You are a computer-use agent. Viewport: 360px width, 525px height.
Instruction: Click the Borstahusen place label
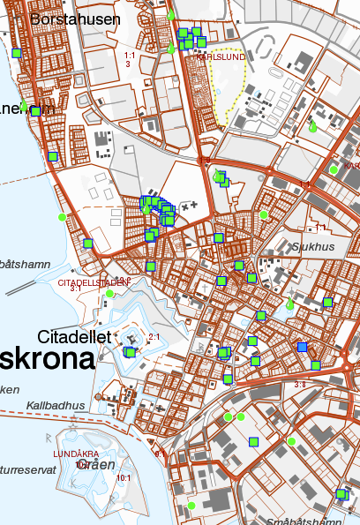[x=75, y=19]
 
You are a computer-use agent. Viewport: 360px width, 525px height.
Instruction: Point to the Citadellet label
[x=73, y=337]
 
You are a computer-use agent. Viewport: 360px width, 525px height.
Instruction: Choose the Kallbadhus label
[x=56, y=405]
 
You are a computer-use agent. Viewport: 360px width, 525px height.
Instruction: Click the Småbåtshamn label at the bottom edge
[x=302, y=521]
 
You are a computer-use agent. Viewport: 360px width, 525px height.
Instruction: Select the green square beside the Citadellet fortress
[x=131, y=352]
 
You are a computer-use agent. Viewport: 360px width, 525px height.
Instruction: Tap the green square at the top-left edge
[x=17, y=54]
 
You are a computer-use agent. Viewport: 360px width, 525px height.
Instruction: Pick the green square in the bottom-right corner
[x=341, y=494]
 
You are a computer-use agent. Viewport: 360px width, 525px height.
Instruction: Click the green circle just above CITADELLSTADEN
[x=109, y=294]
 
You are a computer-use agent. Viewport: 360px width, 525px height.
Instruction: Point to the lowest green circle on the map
[x=191, y=506]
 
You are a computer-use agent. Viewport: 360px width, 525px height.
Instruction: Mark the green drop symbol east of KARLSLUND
[x=311, y=127]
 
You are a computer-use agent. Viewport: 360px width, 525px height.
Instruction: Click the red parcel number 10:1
[x=124, y=477]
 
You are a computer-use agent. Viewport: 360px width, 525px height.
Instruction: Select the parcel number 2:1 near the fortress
[x=154, y=337]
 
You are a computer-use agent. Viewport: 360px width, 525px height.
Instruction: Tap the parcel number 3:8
[x=300, y=384]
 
